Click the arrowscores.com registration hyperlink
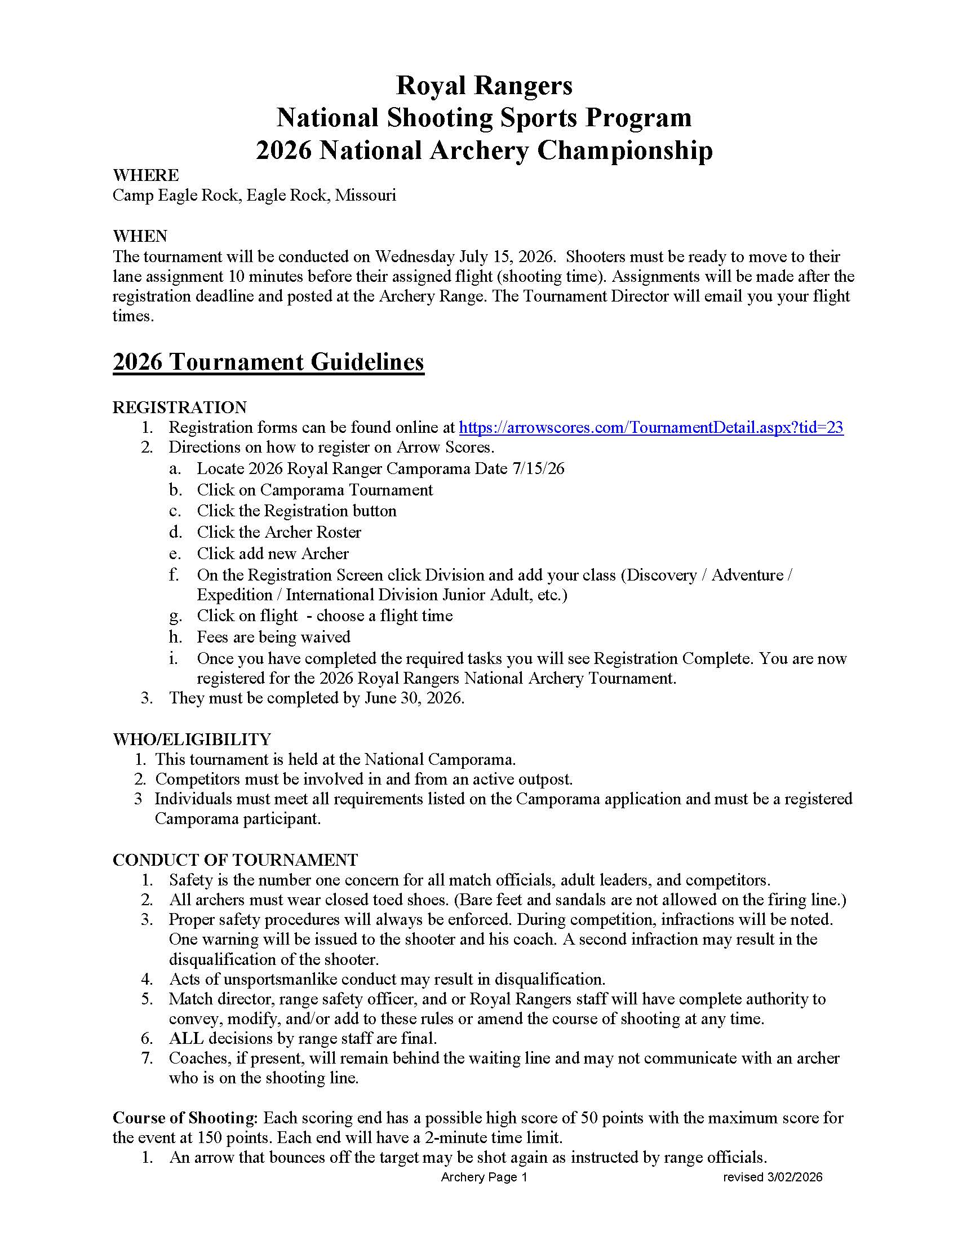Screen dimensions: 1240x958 [x=650, y=428]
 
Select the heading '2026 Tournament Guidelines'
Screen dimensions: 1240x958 [x=268, y=362]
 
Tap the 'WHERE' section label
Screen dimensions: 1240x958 [x=146, y=175]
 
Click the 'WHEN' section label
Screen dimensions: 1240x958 [x=140, y=236]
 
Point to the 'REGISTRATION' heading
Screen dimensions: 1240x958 [x=179, y=407]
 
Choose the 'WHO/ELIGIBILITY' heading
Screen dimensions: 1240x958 [x=192, y=739]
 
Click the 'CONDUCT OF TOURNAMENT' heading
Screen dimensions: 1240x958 [x=235, y=860]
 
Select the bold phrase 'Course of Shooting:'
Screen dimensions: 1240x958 [x=185, y=1118]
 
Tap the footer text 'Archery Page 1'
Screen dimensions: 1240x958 [x=484, y=1177]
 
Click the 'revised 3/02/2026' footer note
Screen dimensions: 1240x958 [x=773, y=1177]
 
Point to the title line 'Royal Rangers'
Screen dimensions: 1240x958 [x=484, y=86]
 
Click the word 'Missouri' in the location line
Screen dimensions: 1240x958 [x=366, y=196]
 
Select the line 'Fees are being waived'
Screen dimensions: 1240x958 [x=273, y=637]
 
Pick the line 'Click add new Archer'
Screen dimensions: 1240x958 [x=272, y=553]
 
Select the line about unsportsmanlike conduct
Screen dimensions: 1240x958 [x=387, y=980]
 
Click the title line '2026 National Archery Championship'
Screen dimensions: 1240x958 [x=484, y=151]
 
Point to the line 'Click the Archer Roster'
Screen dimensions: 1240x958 [x=278, y=532]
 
